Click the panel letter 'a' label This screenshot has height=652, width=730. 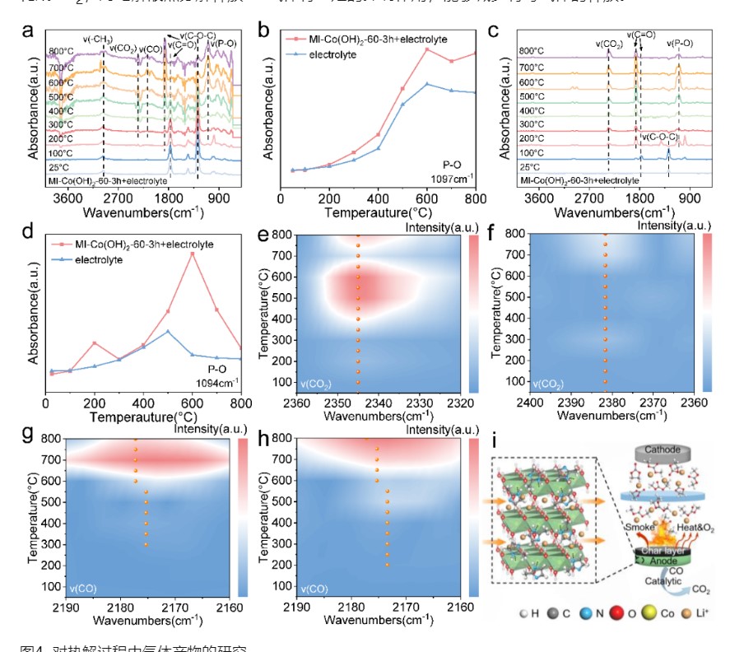[x=28, y=31]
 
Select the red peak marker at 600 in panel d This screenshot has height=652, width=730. [x=193, y=254]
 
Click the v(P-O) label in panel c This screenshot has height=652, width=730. [x=680, y=43]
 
